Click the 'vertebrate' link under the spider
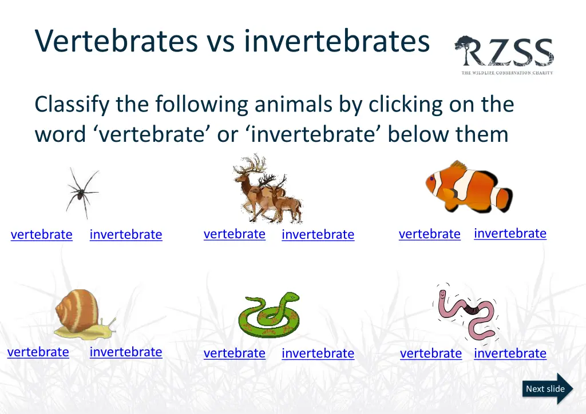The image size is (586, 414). click(x=41, y=234)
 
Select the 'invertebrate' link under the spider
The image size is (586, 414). click(x=126, y=234)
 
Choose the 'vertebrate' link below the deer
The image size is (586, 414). click(x=234, y=234)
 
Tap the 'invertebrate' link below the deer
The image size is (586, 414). click(x=318, y=234)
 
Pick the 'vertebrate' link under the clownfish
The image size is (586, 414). click(x=429, y=234)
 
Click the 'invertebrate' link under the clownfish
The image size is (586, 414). click(x=510, y=233)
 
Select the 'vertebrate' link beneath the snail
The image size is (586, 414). click(x=38, y=352)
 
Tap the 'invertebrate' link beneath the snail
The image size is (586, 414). click(x=126, y=352)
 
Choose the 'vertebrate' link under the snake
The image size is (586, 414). click(x=234, y=353)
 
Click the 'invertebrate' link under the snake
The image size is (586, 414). click(x=318, y=353)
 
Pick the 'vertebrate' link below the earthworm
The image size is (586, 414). click(x=430, y=353)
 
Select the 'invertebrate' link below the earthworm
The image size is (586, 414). click(x=510, y=353)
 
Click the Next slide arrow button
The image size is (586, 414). click(x=547, y=389)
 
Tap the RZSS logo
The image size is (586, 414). click(x=504, y=55)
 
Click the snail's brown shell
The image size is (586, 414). click(x=77, y=309)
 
